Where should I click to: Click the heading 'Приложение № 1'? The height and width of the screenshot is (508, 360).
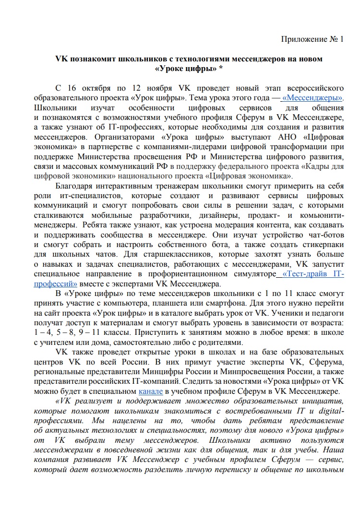tap(312, 39)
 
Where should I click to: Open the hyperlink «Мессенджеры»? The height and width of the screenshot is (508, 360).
tap(312, 98)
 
